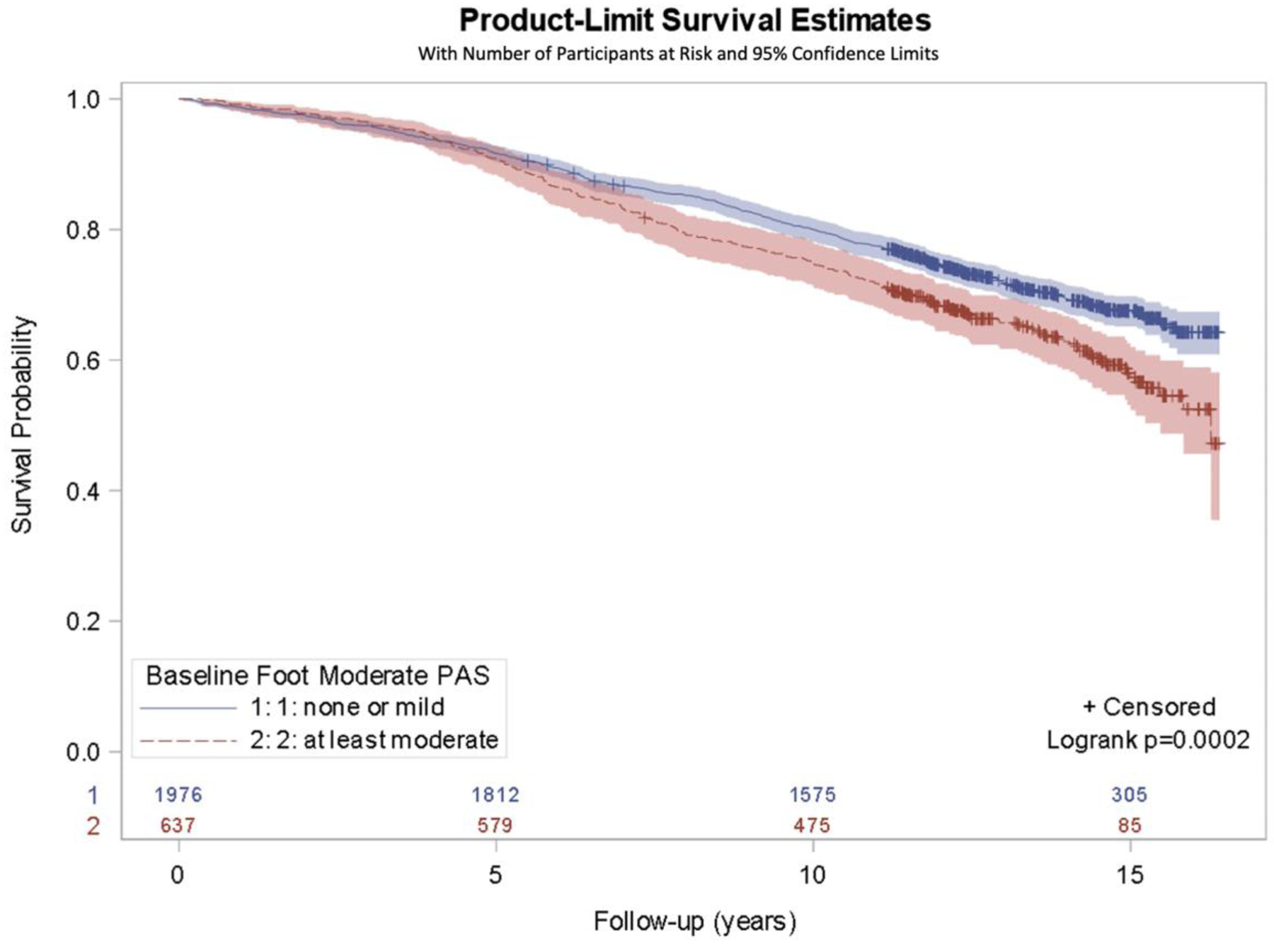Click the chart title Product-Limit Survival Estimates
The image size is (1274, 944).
[694, 20]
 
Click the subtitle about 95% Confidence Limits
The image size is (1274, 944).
[677, 54]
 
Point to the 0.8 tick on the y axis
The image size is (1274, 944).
[83, 230]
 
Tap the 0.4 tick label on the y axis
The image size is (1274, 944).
[83, 491]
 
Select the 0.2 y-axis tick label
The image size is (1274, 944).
[83, 621]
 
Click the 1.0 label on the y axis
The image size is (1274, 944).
[83, 100]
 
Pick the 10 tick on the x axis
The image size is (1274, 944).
[813, 875]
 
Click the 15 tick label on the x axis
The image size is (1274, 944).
[1130, 875]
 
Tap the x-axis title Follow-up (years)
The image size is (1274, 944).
[694, 921]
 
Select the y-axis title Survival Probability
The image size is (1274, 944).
[23, 425]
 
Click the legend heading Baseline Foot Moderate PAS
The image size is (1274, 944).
[318, 676]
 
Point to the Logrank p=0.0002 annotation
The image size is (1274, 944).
[1148, 740]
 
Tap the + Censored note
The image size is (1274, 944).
[1149, 707]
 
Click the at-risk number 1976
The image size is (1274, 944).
[178, 795]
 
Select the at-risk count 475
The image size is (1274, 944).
[812, 825]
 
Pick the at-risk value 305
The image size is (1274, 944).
[1129, 795]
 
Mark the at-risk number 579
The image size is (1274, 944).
[495, 825]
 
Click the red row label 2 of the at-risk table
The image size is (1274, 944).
[93, 826]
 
